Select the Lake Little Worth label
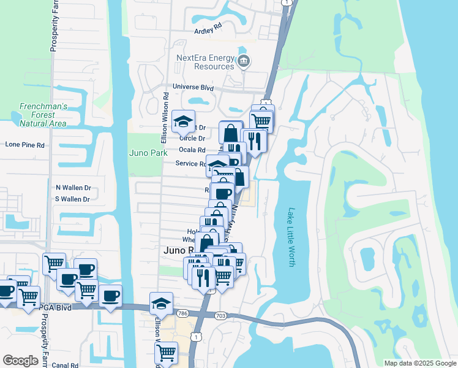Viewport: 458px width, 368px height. (x=291, y=236)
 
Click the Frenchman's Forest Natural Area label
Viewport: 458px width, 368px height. (x=42, y=115)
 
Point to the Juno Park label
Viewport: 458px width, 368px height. (x=148, y=153)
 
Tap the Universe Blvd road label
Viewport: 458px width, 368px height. (x=193, y=88)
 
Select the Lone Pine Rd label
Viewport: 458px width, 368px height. (x=25, y=145)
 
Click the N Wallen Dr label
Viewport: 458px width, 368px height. (x=73, y=188)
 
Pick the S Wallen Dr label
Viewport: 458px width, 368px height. (x=72, y=199)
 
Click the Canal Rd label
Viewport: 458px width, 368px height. (x=66, y=365)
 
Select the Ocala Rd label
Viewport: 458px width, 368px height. (x=192, y=150)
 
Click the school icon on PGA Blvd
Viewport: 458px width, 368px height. (x=161, y=304)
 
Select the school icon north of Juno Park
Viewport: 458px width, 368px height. (x=182, y=122)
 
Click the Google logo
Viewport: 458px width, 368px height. (x=20, y=361)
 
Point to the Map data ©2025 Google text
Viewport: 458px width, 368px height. (x=419, y=363)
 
